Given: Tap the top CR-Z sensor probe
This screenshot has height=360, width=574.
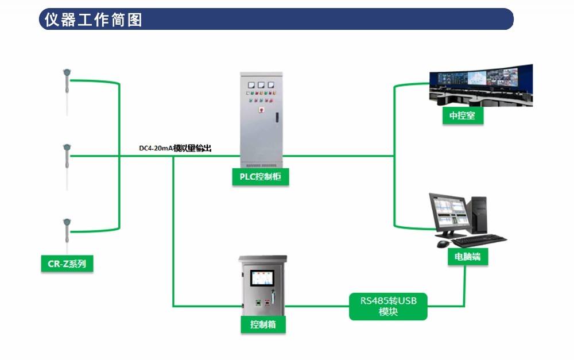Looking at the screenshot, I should (67, 86).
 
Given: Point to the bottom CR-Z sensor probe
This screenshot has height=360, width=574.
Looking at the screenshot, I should (67, 233).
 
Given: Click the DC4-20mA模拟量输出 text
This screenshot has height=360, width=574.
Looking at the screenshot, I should (175, 148).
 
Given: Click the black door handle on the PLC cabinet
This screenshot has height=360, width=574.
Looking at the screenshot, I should (277, 117).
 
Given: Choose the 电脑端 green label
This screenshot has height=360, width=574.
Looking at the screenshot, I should (468, 257).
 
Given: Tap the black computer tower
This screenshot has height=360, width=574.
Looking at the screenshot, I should (479, 215).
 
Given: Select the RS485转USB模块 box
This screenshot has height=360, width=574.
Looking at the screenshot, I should (388, 307).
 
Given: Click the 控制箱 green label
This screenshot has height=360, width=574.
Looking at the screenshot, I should (263, 324).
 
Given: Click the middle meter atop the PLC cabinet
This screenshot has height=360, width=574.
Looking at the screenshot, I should (261, 84).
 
